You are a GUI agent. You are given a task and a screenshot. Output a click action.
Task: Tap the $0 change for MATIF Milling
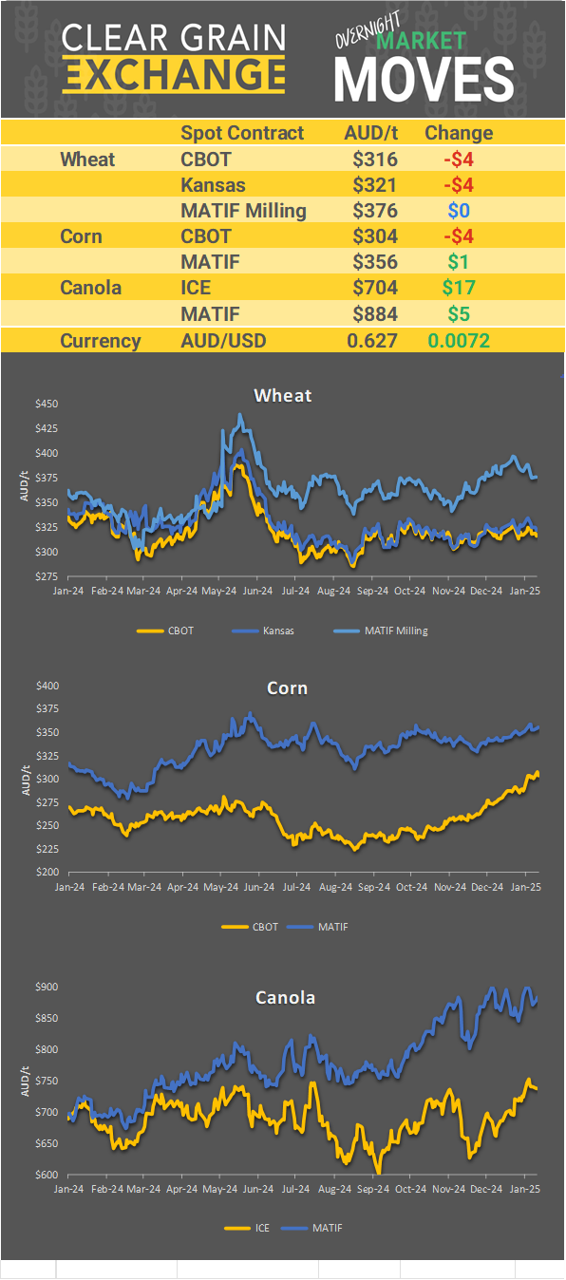(458, 211)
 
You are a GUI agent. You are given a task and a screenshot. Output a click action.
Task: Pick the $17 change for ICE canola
(458, 288)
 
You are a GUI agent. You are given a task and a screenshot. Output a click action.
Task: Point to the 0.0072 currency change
(458, 341)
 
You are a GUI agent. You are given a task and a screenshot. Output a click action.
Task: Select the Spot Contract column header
(242, 133)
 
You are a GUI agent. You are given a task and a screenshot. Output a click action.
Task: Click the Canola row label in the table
(90, 288)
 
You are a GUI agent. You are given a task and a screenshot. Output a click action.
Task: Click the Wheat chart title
(283, 395)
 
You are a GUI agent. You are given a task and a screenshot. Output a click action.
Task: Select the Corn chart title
(287, 687)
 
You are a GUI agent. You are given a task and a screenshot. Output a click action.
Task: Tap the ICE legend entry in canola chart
(261, 1228)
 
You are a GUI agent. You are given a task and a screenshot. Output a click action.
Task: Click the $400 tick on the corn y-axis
(47, 686)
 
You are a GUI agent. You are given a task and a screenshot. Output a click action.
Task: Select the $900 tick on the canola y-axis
(47, 987)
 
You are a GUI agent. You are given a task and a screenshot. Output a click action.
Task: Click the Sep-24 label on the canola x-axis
(372, 1188)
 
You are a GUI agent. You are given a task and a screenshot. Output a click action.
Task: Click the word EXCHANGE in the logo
(174, 74)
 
